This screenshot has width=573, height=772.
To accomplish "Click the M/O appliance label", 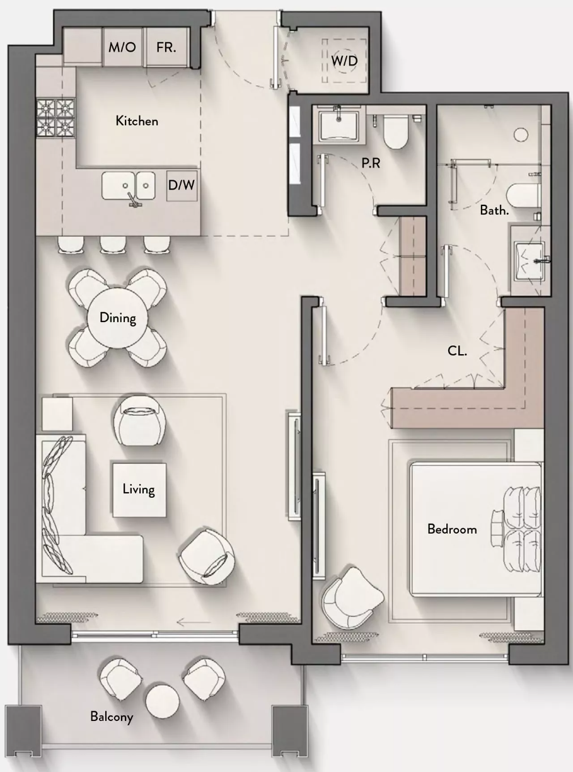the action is (x=122, y=47).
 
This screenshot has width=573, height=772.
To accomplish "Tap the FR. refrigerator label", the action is (x=166, y=47).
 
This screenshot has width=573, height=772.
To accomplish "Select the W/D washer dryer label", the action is (x=344, y=61).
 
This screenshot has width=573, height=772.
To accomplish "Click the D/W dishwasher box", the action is (x=182, y=185).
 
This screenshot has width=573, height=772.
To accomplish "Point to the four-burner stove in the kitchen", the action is (x=55, y=118).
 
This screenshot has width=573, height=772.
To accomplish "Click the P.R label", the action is (x=371, y=163).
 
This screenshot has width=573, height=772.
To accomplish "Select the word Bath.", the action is (x=494, y=210).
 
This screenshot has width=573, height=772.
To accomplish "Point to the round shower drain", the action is (x=521, y=134).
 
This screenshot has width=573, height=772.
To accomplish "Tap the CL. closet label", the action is (x=457, y=351).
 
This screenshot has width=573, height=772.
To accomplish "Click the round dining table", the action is (x=118, y=318).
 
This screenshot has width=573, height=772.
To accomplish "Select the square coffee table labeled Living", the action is (x=139, y=490).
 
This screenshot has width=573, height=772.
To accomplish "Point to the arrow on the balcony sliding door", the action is (x=194, y=622).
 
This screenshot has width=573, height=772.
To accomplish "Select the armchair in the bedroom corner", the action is (x=352, y=598).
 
